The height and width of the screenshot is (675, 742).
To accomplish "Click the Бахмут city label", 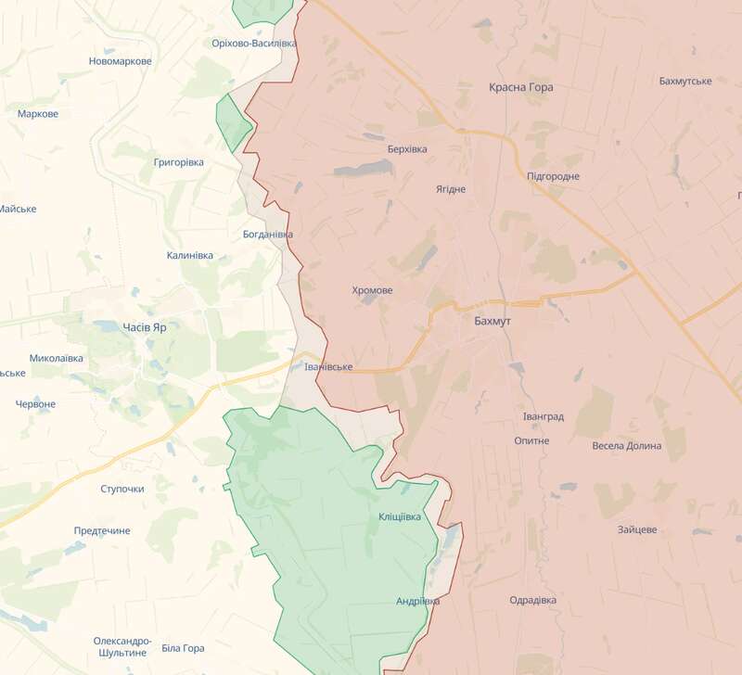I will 493,321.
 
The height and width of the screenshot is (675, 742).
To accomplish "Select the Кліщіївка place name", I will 405,516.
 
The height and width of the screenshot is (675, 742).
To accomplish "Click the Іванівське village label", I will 328,367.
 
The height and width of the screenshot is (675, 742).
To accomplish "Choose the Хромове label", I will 372,290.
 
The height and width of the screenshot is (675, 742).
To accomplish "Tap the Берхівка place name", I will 407,148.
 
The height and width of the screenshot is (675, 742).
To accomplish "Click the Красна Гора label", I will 520,87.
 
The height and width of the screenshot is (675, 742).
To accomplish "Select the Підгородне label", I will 553,176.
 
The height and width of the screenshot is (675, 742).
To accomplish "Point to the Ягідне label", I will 451,189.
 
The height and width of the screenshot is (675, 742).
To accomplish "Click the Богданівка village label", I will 267,235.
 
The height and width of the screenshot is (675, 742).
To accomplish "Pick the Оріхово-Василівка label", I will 253,44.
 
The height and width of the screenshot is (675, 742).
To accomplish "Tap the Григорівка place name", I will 178,162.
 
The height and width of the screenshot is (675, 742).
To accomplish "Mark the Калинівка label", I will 189,255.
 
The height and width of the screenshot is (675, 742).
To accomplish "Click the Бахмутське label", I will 684,81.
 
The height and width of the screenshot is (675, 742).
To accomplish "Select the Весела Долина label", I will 626,446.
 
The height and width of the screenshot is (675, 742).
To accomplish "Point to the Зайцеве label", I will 637,530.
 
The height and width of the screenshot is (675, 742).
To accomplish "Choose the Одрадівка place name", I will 532,601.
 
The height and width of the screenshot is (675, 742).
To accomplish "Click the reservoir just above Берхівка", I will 364,168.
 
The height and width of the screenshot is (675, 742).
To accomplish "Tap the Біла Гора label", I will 183,648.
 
